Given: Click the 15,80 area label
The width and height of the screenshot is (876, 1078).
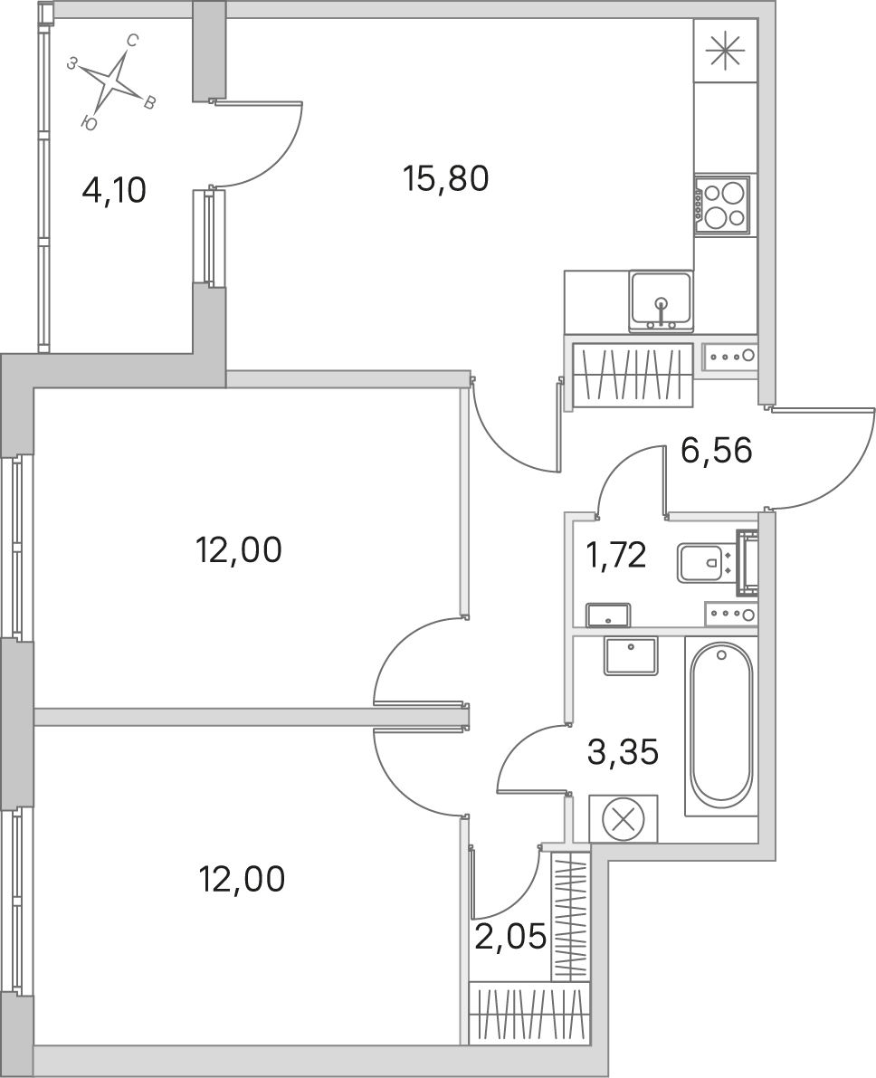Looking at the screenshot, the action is [446, 178].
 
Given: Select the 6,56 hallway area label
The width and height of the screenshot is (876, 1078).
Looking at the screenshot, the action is [717, 451].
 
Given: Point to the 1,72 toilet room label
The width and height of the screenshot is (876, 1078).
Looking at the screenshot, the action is [615, 555].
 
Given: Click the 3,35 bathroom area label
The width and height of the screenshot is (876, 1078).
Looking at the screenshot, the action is [623, 752].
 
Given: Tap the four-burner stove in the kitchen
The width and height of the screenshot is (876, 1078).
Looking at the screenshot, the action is [721, 205].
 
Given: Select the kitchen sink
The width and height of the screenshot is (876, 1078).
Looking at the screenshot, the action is [661, 301].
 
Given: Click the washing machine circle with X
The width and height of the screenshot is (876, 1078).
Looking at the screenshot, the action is [623, 819].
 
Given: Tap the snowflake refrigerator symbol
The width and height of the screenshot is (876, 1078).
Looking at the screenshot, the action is [726, 51].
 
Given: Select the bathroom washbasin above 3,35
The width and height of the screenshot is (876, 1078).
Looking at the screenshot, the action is [631, 655].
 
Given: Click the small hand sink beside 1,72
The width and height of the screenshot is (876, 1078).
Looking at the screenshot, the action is [608, 614].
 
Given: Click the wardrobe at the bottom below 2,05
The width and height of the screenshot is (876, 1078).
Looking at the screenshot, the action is [529, 1014].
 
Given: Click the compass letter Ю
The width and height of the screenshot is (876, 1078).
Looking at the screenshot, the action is [88, 123].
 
